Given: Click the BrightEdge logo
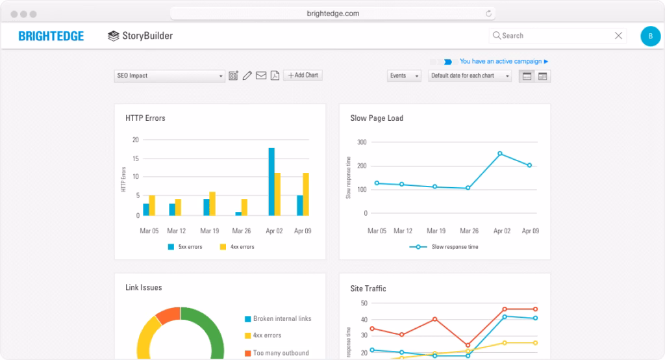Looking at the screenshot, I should point(51,36).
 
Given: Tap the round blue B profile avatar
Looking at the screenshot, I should point(650,36).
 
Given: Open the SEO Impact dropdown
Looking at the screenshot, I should point(169,76).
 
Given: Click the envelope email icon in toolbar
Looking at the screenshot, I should point(261,76).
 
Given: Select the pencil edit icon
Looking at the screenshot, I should point(247,76).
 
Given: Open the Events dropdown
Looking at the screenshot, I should point(405,76).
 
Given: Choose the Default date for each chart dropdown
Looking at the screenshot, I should point(470,76).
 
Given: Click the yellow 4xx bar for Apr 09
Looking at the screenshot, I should point(306,194).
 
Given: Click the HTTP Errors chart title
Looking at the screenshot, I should point(145,118).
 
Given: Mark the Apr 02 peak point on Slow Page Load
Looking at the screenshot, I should point(500,153).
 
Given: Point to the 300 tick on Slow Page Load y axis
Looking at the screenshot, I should point(362,142).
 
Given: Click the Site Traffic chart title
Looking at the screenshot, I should point(368,289).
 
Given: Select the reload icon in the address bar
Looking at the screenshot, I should point(488,13).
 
